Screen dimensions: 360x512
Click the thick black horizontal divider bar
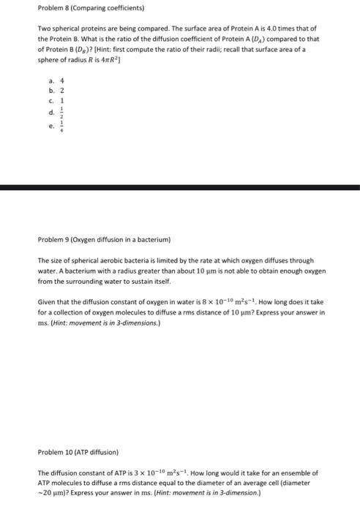coord(180,188)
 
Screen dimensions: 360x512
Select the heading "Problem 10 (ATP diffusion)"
coord(75,452)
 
